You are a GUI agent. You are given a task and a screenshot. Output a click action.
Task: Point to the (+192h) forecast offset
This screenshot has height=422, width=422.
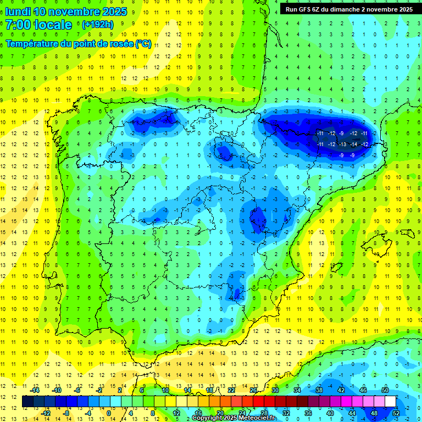(97, 25)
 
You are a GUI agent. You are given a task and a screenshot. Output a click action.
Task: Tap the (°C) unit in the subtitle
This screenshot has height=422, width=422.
(143, 44)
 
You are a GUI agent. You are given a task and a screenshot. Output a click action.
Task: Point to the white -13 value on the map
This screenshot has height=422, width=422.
(342, 144)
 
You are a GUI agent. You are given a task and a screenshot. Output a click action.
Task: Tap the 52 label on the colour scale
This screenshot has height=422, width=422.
(396, 413)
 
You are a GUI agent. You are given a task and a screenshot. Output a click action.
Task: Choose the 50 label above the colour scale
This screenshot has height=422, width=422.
(385, 390)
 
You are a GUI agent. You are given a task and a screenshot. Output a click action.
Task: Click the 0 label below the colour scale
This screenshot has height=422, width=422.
(109, 413)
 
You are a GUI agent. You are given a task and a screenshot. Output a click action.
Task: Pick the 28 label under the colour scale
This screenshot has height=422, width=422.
(264, 413)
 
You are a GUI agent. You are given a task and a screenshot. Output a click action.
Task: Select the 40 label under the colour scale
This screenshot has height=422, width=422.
(330, 413)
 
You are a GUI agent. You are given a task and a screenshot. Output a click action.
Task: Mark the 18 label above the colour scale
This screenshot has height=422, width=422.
(209, 390)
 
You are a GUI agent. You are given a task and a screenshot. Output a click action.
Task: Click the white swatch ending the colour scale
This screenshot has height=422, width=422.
(390, 402)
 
